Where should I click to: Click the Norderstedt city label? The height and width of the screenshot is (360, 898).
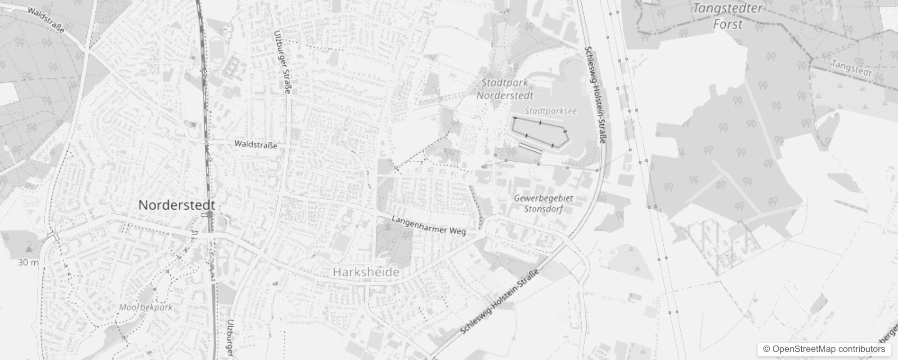176,205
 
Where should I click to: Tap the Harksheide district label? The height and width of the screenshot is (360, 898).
366,272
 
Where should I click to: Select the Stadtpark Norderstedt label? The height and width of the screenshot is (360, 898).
504,89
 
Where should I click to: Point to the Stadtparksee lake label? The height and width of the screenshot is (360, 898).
550,111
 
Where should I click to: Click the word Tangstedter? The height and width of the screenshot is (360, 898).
727,9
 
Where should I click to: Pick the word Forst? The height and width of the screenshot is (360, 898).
727,24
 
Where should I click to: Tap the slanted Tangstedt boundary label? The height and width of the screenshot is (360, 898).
851,68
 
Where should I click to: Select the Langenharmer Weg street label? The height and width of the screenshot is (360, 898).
428,225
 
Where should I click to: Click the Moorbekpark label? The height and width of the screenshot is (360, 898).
146,307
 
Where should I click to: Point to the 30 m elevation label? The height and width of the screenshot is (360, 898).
28,262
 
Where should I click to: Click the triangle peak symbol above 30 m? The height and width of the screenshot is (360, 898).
29,248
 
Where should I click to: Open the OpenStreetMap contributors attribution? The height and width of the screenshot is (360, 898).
823,349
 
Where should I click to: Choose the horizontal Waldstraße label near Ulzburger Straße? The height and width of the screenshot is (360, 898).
256,145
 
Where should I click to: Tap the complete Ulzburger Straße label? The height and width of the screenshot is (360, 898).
282,62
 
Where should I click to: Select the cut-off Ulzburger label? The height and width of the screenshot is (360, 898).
230,338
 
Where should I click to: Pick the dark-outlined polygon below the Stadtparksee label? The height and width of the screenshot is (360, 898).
539,133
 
